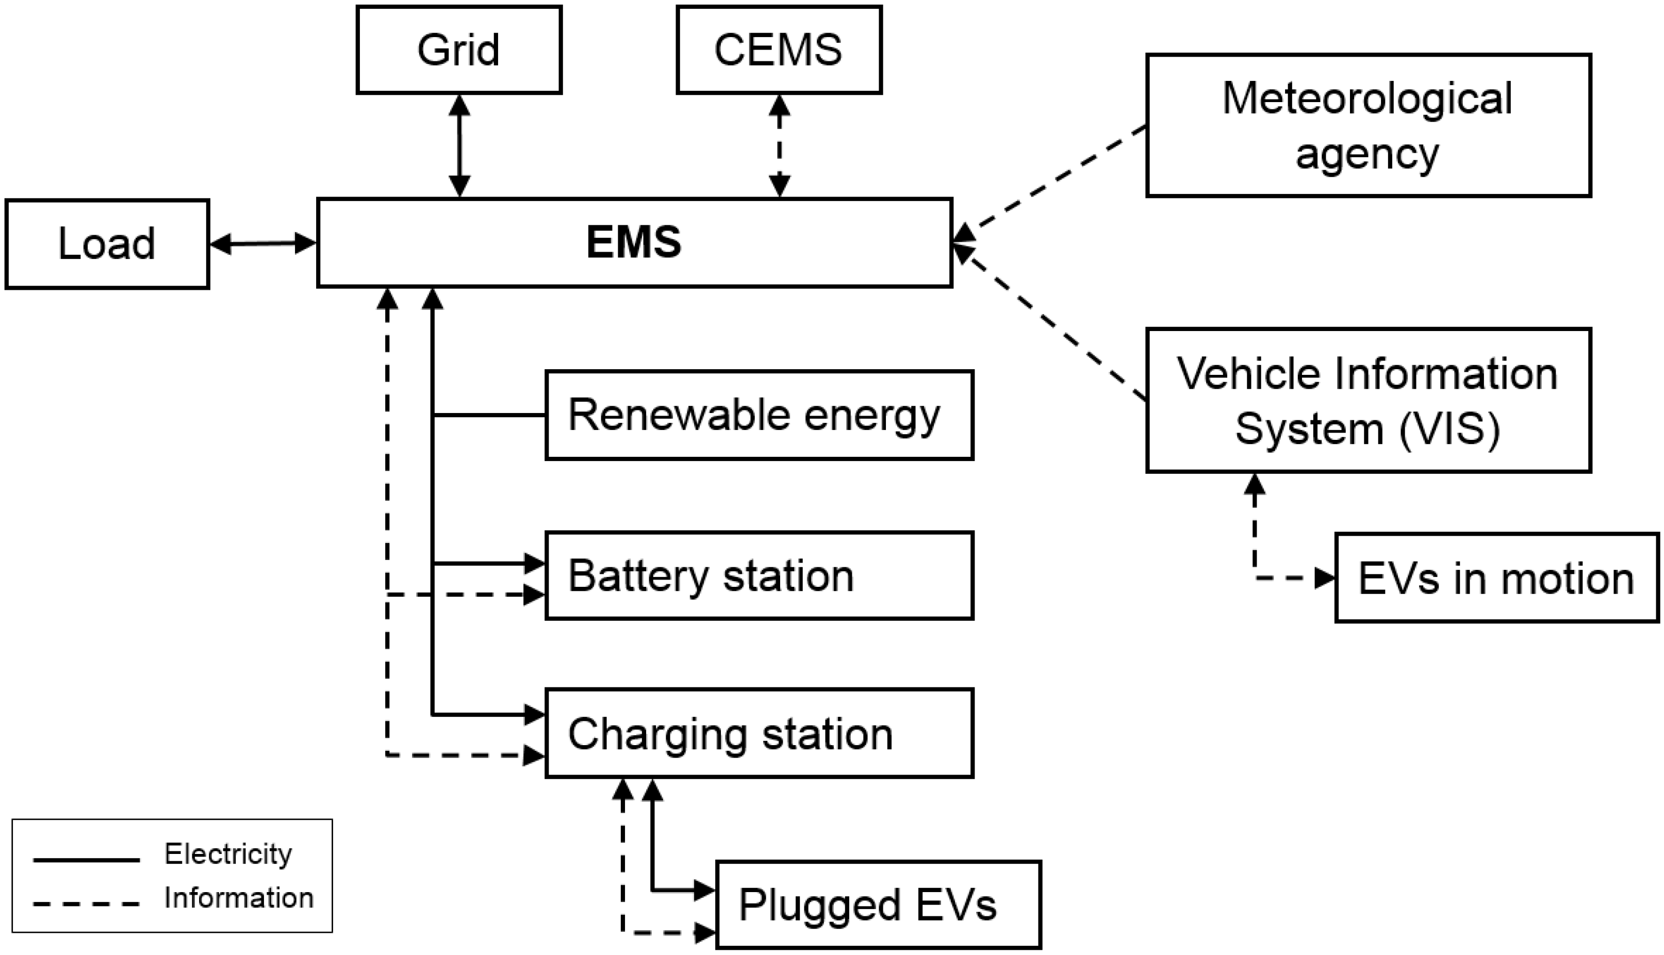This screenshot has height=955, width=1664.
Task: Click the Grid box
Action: (458, 50)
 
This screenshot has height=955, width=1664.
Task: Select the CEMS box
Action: (779, 50)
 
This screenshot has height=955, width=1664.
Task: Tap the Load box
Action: (107, 244)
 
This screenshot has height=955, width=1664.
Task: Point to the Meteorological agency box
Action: (1368, 125)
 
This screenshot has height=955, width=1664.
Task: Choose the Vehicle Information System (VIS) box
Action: (1368, 400)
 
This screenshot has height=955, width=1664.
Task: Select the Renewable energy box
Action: (759, 415)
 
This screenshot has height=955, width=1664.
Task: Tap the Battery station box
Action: (759, 576)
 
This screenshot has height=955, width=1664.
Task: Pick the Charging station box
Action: (759, 733)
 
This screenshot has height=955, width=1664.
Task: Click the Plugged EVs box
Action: (878, 904)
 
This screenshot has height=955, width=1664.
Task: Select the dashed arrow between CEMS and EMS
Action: (779, 145)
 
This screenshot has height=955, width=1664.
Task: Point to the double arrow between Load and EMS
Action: (262, 244)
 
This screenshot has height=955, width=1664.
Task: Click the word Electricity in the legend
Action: (227, 854)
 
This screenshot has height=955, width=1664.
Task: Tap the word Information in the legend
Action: (239, 898)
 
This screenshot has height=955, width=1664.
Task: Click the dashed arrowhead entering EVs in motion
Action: (1325, 579)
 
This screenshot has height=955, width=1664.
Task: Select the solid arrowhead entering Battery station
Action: (535, 563)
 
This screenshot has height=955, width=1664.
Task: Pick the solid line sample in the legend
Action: (86, 859)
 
